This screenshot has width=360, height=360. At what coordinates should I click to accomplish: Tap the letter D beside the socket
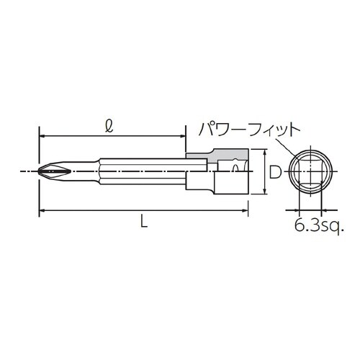274,173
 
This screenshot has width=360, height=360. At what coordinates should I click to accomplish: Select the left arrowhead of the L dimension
42,210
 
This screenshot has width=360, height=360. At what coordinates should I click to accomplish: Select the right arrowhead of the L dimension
247,210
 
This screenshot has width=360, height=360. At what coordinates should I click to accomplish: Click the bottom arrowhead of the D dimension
266,192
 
